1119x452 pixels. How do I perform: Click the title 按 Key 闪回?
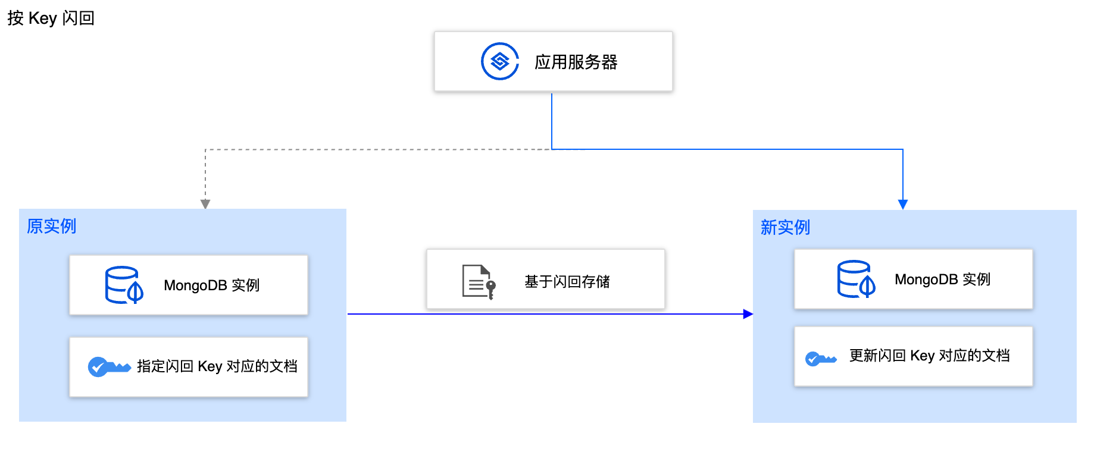(x=51, y=18)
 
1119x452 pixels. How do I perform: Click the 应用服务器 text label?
(x=576, y=62)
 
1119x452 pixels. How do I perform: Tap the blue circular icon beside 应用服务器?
(x=499, y=61)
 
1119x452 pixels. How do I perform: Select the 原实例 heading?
(x=51, y=226)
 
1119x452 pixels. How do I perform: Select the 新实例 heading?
(x=785, y=227)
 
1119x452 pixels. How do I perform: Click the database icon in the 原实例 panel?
(x=124, y=285)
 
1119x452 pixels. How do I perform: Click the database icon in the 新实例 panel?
(x=855, y=279)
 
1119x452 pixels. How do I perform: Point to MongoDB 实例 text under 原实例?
(x=211, y=285)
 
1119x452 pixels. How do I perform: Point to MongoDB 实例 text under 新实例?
(x=942, y=280)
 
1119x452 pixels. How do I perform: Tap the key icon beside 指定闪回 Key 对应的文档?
(x=108, y=366)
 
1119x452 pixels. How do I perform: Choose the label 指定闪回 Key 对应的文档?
(x=217, y=366)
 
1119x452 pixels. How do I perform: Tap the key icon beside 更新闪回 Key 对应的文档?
(x=820, y=359)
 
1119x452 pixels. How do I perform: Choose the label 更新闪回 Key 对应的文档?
(x=929, y=356)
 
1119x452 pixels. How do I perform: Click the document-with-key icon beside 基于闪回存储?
(x=479, y=281)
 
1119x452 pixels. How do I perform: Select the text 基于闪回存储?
(x=567, y=281)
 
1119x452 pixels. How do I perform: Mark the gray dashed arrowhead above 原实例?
(x=205, y=204)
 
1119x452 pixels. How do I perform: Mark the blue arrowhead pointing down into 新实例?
(x=903, y=205)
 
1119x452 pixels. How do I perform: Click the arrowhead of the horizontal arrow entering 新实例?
(x=748, y=314)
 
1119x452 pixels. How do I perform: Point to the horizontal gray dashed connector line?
(x=375, y=149)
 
